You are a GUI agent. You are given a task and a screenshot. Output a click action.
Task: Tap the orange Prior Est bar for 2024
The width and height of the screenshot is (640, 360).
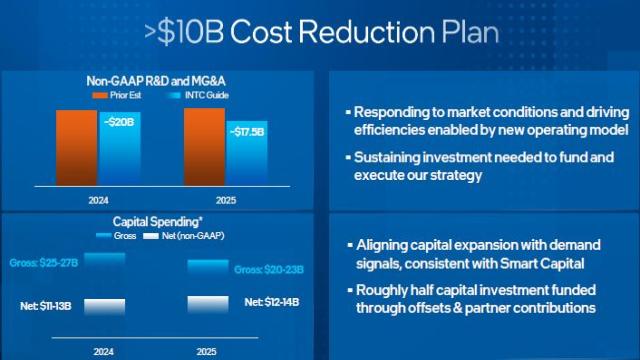tap(77, 147)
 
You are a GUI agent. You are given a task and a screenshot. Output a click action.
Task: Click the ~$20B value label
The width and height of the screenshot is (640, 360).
tap(119, 121)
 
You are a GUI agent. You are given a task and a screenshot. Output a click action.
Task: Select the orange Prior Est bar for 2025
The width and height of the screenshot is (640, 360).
tap(205, 146)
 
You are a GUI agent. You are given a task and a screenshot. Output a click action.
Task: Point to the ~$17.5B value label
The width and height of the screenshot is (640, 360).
tap(248, 131)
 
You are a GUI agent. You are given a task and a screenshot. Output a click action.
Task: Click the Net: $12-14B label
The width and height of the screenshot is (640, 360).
tap(272, 301)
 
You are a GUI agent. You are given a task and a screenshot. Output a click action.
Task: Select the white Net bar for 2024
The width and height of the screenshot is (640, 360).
tap(105, 305)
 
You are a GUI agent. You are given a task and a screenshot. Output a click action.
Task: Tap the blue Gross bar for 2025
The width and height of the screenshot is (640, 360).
tap(216, 264)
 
